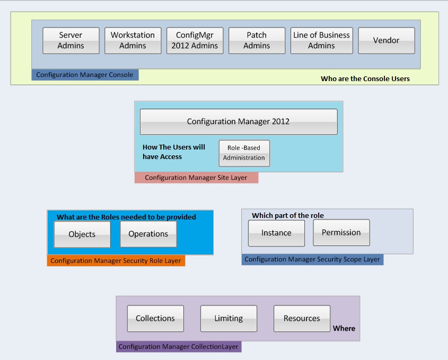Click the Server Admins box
pos(71,41)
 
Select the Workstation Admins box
pos(133,41)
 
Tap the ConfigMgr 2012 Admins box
pos(195,41)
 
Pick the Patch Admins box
pos(257,41)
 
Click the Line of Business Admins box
pos(321,41)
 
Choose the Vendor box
pos(386,41)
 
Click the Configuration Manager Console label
pos(85,75)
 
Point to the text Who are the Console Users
pos(365,78)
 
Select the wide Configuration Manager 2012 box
pos(238,121)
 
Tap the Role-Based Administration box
pos(244,153)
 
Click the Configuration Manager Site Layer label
pos(196,178)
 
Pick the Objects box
pos(82,234)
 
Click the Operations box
pos(148,234)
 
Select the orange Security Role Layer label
pos(116,261)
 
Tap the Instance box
pos(276,233)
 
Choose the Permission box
pos(341,233)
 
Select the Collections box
pos(155,319)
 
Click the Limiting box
pos(229,319)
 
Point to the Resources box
pos(302,319)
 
